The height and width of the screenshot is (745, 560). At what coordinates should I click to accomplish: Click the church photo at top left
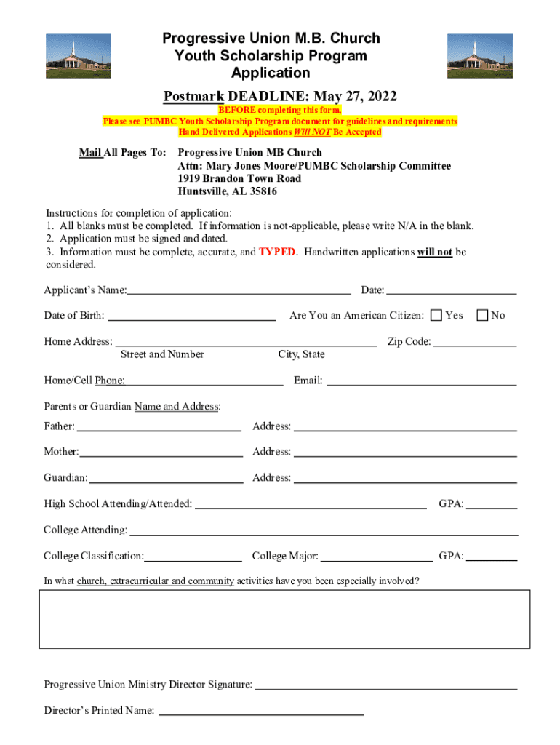79,56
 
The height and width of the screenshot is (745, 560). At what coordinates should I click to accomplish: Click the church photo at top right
480,56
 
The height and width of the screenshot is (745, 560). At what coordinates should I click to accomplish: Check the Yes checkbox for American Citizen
436,315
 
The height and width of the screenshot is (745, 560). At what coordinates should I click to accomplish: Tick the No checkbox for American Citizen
482,315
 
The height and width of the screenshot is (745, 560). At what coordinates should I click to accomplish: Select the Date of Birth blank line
191,317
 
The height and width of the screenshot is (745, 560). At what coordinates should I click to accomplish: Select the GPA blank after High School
492,506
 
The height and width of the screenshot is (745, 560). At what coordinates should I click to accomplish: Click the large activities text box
284,618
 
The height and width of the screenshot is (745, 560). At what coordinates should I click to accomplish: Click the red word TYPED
277,252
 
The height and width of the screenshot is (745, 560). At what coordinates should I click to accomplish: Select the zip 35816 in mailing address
260,192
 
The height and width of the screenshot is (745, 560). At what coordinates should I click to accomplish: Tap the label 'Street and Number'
162,355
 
